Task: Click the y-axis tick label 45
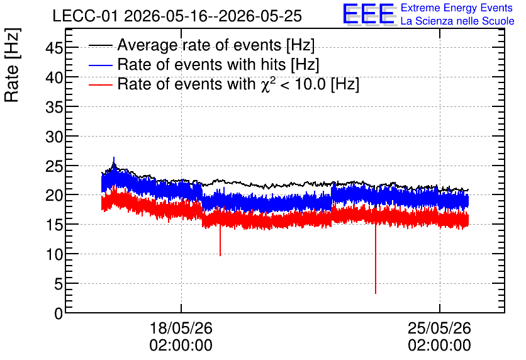click(54, 48)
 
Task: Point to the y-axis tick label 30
click(54, 137)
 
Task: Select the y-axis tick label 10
click(54, 255)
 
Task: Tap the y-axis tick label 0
click(59, 313)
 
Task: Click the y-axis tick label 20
click(54, 196)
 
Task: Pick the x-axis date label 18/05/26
click(181, 328)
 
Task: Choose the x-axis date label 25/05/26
click(439, 328)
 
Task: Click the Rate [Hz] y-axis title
click(12, 65)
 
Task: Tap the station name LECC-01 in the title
click(86, 16)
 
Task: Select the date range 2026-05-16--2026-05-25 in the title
click(213, 16)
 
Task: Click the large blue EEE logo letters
click(369, 14)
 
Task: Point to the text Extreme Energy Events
click(457, 8)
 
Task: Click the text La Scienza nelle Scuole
click(457, 21)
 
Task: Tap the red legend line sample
click(100, 84)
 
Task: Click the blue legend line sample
click(100, 65)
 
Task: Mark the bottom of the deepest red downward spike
click(376, 293)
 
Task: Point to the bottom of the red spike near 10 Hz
click(220, 256)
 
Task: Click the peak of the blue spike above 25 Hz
click(114, 157)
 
